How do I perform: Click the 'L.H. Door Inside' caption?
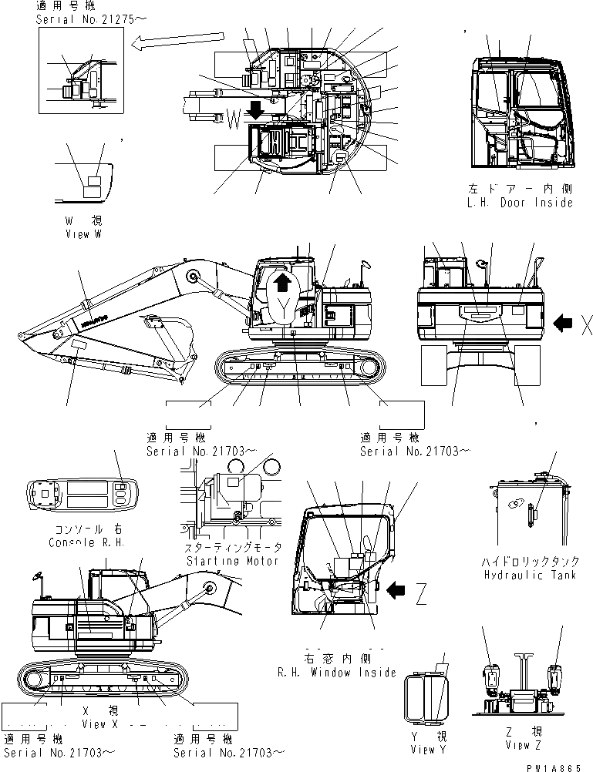pos(521,203)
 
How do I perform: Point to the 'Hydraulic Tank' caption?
pos(524,576)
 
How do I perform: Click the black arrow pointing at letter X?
pos(564,326)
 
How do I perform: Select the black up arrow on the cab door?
pos(283,284)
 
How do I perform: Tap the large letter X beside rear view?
pos(585,327)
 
